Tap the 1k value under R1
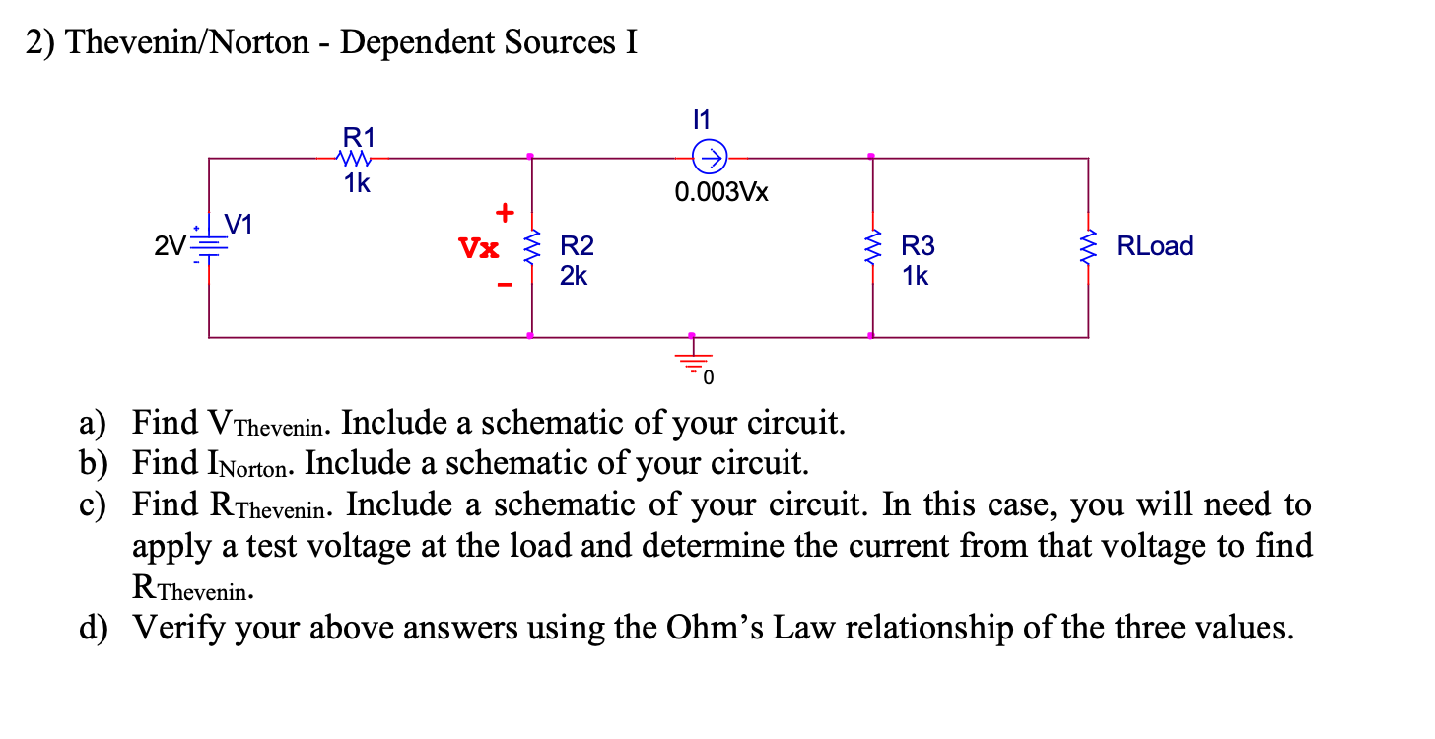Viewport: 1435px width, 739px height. tap(357, 184)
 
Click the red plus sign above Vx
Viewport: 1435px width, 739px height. tap(505, 212)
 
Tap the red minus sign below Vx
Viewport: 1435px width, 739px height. tap(505, 286)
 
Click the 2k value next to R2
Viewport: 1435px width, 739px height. tap(574, 277)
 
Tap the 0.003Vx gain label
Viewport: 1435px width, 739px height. tap(721, 192)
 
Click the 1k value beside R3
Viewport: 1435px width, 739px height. tap(915, 277)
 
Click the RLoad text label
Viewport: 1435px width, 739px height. tap(1154, 246)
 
